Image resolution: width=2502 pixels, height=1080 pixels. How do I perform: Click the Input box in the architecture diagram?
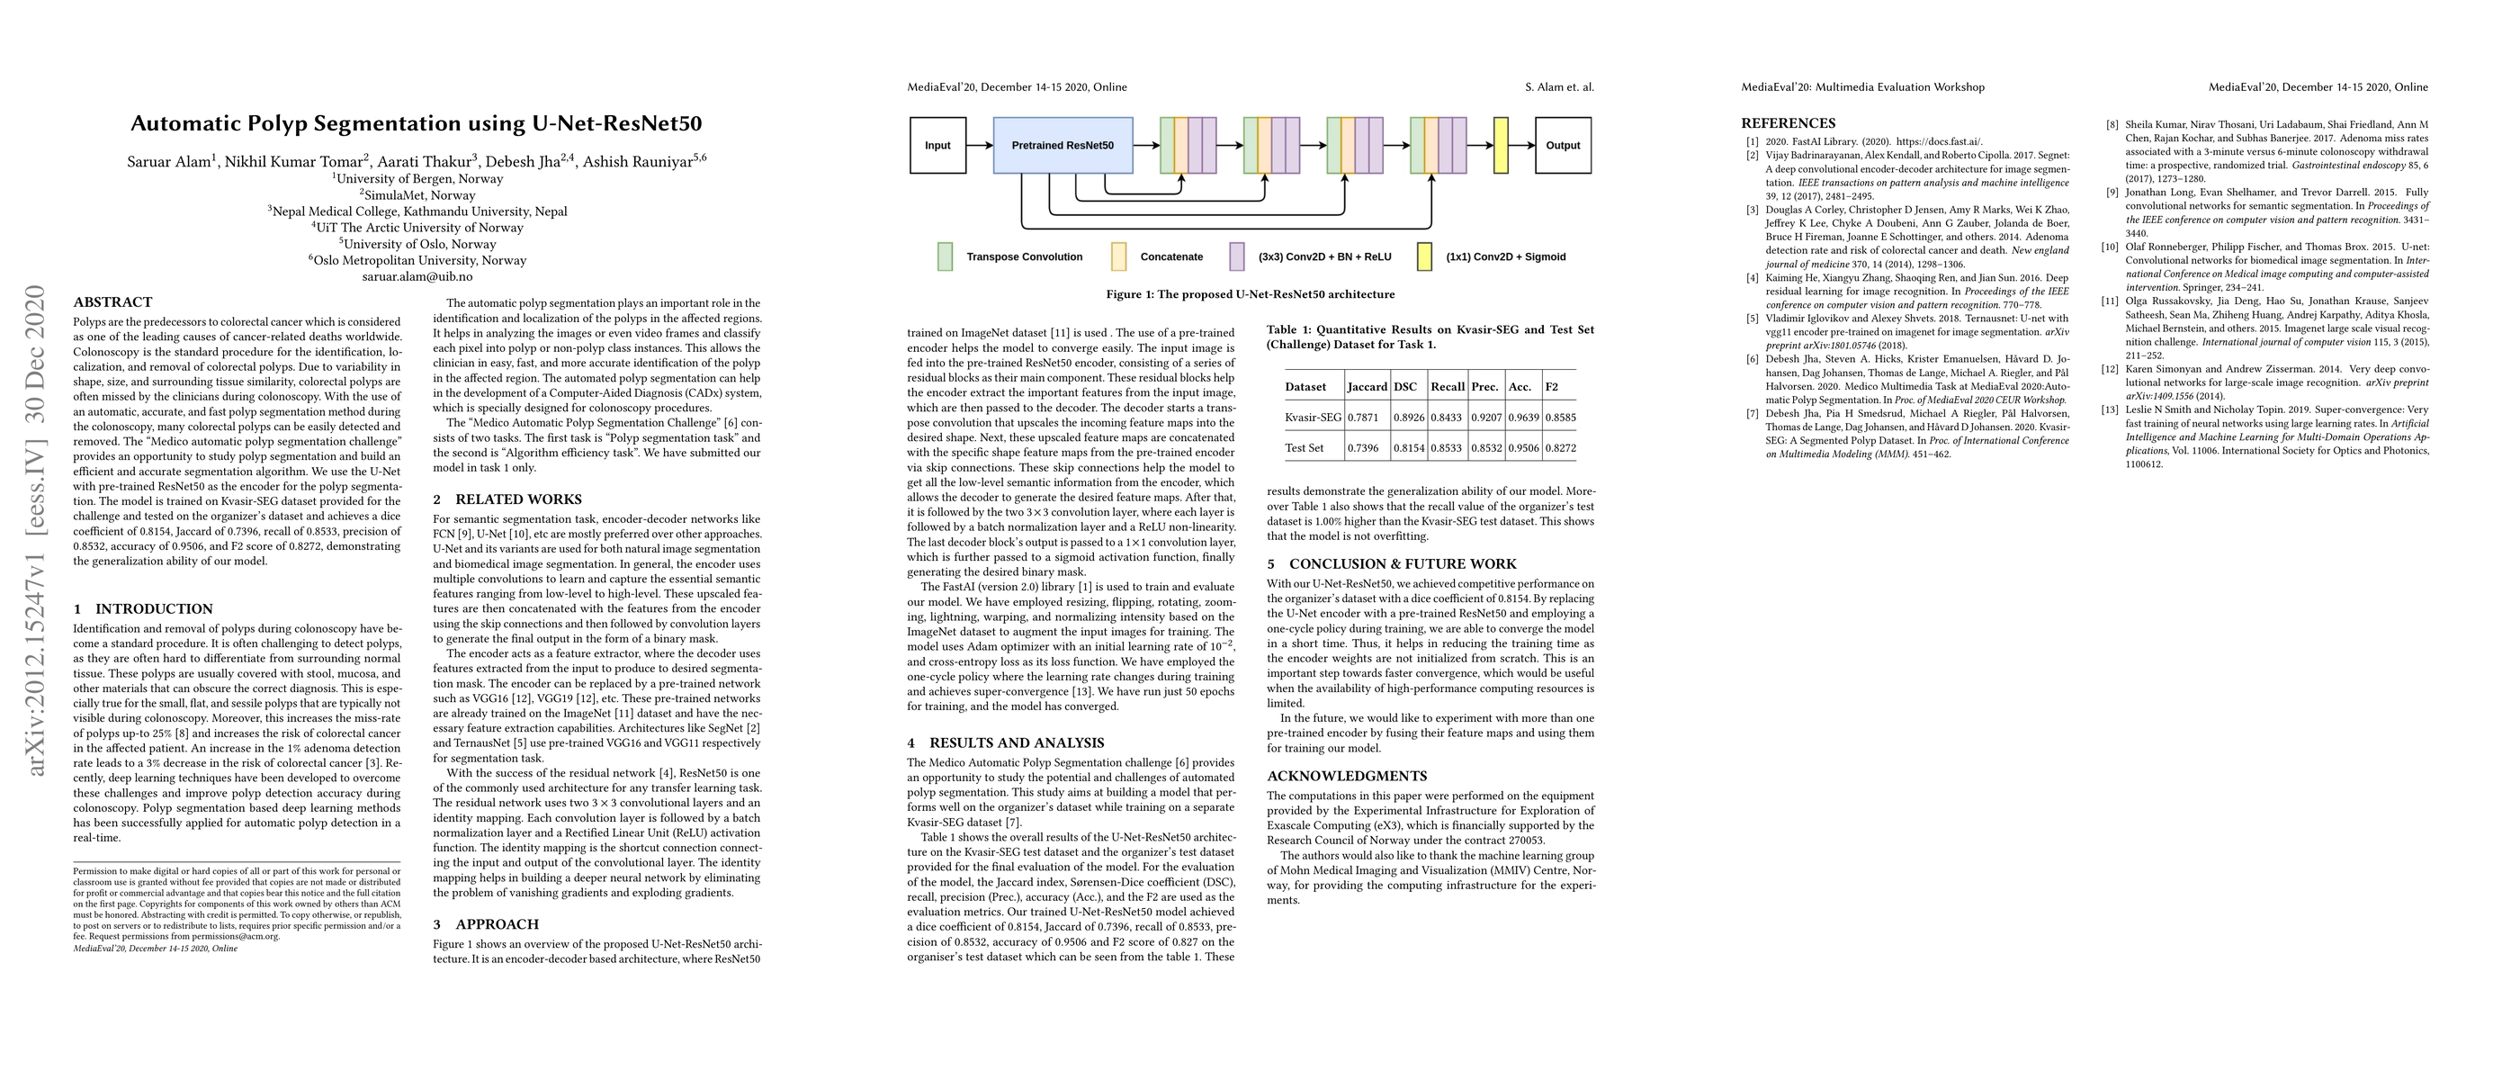[937, 146]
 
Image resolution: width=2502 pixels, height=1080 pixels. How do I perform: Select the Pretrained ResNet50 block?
[1063, 146]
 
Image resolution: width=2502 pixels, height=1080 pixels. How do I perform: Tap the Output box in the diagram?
[1563, 146]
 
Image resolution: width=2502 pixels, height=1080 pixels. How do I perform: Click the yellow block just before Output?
[1501, 146]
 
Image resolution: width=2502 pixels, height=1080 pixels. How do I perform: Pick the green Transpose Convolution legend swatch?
[945, 256]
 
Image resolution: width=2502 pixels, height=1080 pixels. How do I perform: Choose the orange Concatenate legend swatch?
[1119, 256]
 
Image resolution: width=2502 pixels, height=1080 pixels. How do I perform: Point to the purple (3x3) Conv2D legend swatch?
[1236, 256]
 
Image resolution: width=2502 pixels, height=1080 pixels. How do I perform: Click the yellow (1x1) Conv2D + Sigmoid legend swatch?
[1424, 256]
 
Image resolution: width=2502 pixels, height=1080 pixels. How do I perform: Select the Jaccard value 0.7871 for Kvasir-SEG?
[1367, 418]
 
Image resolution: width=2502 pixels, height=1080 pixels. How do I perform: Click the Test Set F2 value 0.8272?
[1561, 449]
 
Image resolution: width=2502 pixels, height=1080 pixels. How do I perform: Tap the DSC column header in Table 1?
[1404, 386]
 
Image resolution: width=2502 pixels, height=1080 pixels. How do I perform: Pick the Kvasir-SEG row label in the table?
[1313, 418]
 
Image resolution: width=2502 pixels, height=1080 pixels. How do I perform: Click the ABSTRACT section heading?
[112, 302]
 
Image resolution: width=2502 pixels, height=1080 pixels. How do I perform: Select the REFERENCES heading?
[1789, 123]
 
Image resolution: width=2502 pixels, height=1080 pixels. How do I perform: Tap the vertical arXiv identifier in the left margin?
[36, 530]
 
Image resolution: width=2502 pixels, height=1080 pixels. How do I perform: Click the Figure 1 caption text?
[1250, 294]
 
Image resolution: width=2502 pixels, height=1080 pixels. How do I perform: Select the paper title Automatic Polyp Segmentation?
[416, 123]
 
